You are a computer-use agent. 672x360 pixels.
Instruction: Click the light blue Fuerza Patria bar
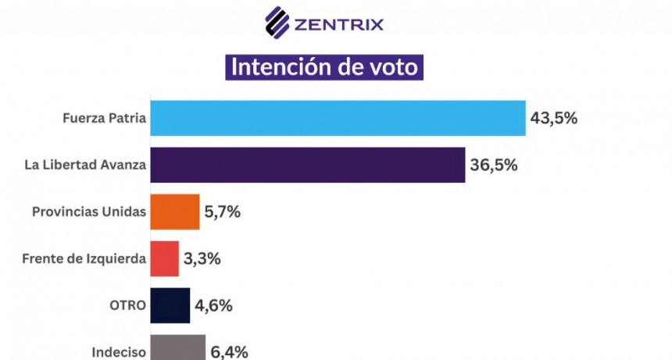[337, 118]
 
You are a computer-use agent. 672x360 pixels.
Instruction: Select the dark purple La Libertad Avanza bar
[307, 165]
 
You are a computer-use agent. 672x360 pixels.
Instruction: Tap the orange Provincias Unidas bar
[174, 212]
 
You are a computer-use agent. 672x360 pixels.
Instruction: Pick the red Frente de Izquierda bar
[164, 258]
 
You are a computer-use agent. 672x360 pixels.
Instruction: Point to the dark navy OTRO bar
[170, 305]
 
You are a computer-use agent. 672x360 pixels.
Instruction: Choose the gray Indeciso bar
[177, 348]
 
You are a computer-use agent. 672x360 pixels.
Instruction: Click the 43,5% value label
[554, 118]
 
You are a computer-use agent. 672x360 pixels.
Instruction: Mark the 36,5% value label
[494, 165]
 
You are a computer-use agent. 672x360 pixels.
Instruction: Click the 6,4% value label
[230, 351]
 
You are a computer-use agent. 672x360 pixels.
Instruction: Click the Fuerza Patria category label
[104, 119]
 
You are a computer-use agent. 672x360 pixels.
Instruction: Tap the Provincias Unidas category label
[89, 212]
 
